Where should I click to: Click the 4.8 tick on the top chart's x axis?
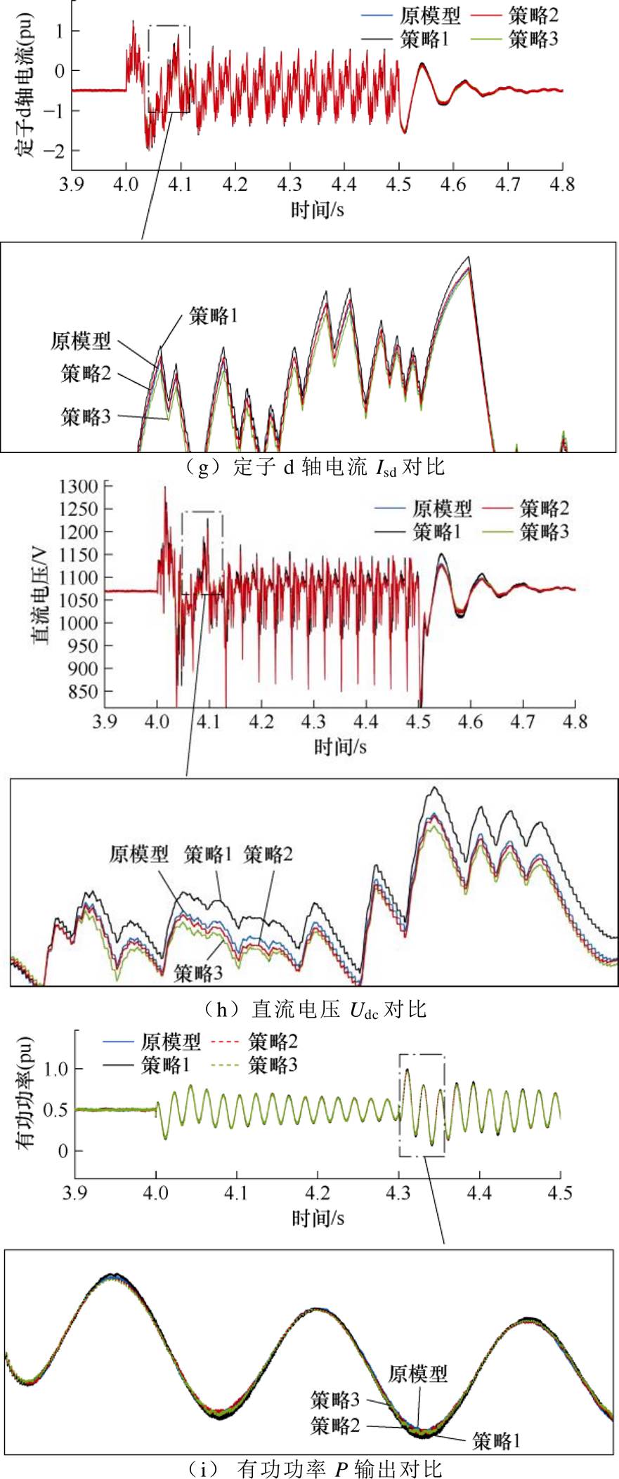coord(563,184)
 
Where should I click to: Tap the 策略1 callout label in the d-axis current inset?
coord(214,316)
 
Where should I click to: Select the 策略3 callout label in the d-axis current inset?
coord(86,416)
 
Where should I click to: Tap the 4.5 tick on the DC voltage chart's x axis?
coord(419,721)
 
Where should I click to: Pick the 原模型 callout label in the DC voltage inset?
coord(139,854)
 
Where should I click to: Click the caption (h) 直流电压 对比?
coord(315,1009)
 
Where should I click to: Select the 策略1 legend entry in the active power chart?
coord(166,1065)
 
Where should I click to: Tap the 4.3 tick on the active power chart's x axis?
coord(398,1194)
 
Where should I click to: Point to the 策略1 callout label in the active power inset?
coord(497,1441)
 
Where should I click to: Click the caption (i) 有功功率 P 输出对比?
coord(315,1468)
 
